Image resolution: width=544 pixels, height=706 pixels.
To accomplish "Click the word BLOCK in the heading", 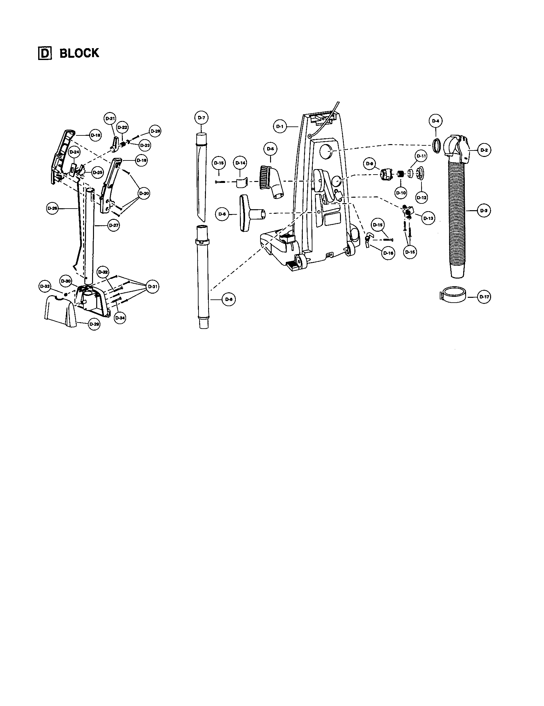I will click(x=79, y=53).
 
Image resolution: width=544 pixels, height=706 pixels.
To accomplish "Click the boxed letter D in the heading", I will click(x=45, y=54).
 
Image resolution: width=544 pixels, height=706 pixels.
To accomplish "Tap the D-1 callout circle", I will click(x=280, y=127).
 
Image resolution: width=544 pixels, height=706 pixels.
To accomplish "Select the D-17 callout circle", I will click(x=484, y=297).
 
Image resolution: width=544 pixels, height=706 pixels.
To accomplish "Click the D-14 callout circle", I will click(x=240, y=163).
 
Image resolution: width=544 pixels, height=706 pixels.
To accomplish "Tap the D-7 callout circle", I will click(x=201, y=118).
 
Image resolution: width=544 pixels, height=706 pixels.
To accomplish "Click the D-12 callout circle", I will click(x=422, y=197).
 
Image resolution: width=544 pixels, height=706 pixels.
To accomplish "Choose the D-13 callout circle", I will click(x=428, y=218).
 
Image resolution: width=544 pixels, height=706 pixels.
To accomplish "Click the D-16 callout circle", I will click(x=388, y=253).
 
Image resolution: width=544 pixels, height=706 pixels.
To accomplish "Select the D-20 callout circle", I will click(x=144, y=193).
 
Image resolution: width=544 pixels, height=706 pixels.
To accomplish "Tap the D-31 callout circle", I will click(x=152, y=287).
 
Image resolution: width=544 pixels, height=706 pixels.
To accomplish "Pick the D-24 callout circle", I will click(x=74, y=152).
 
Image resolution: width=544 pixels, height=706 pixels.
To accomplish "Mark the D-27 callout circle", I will click(x=113, y=225).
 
